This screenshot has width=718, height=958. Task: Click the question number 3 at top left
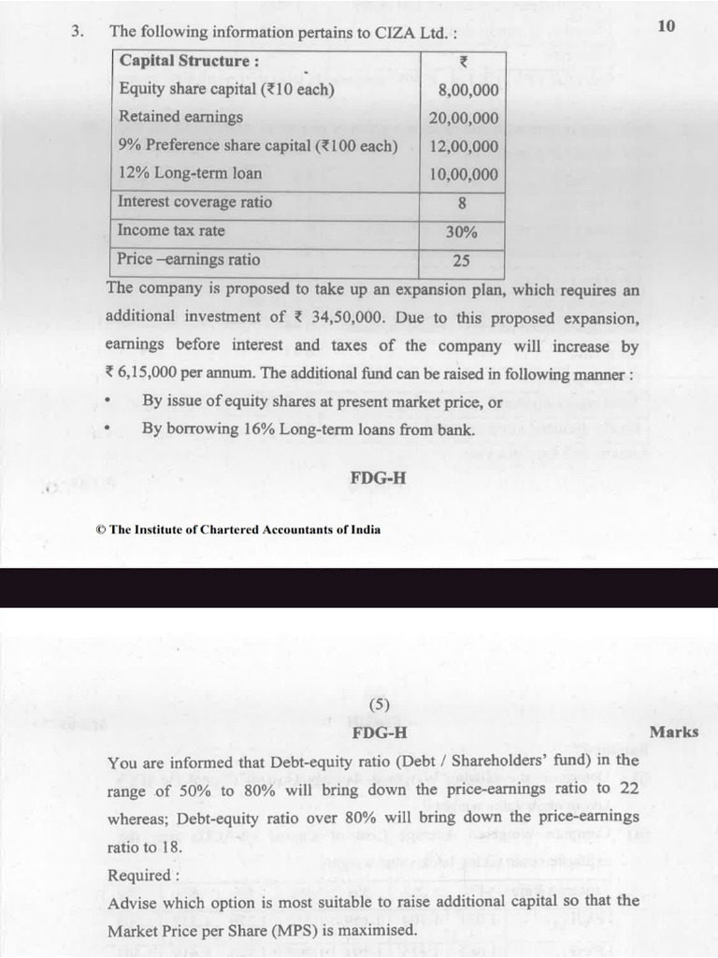[78, 31]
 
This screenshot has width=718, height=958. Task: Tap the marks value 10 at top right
[666, 26]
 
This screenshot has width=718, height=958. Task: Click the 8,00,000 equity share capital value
[467, 91]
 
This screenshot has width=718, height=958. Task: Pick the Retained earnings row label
[180, 117]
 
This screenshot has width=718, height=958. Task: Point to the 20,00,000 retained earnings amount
[464, 119]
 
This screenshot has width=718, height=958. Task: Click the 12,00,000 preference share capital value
[464, 147]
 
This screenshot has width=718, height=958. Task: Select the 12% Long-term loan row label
[191, 173]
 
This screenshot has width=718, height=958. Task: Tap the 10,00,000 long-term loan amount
[464, 175]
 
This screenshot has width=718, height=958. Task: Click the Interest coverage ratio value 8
[462, 203]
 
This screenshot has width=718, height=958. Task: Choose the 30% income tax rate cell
[461, 231]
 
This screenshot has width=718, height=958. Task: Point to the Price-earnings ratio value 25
[461, 260]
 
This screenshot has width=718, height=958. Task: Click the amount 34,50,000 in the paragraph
[348, 317]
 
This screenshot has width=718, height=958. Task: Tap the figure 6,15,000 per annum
[153, 373]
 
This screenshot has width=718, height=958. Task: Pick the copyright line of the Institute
[238, 529]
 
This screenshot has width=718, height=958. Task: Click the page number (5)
[379, 704]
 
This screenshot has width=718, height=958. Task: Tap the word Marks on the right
[673, 732]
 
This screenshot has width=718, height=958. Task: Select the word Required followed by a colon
[143, 876]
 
